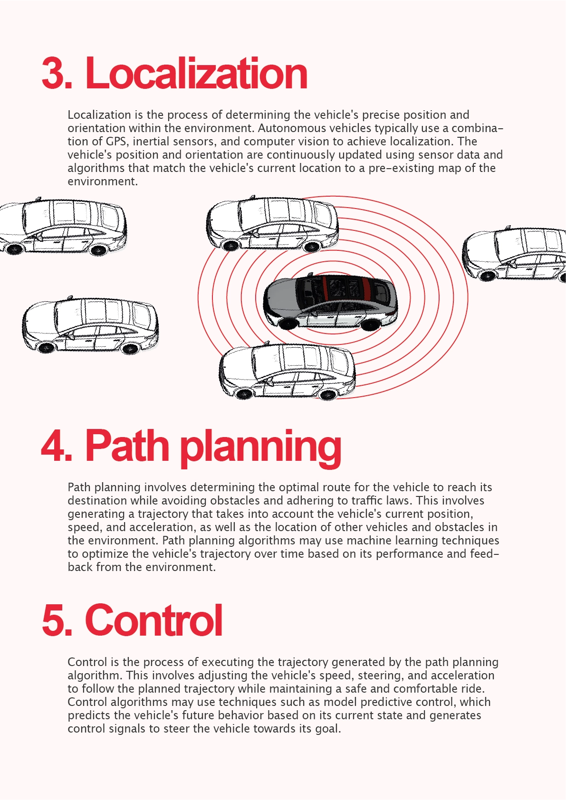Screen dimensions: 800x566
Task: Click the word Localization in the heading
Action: tap(196, 74)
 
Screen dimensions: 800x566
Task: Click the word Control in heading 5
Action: tap(153, 620)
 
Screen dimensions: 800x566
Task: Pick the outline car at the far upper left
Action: tap(62, 227)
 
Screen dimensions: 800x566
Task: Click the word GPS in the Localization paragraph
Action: tap(116, 142)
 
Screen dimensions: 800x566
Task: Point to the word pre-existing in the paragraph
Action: tap(398, 168)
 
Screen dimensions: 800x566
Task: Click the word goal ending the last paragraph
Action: tap(327, 729)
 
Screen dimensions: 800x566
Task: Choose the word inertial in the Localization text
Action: tap(153, 142)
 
